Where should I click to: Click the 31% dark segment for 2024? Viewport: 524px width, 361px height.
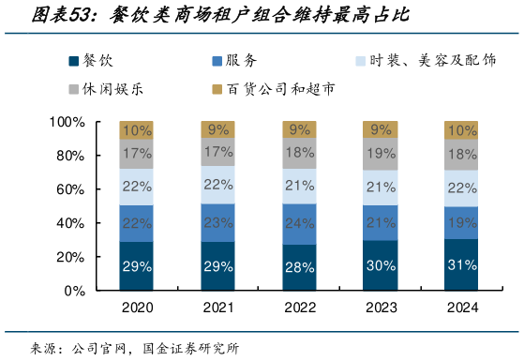pos(462,264)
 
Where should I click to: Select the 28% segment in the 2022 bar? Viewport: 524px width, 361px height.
pos(300,267)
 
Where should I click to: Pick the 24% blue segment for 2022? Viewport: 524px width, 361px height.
pos(300,224)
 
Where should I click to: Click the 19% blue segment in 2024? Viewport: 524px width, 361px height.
pos(462,223)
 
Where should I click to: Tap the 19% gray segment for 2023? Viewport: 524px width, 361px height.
pos(382,153)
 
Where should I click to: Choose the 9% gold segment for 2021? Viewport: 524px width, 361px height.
pos(218,130)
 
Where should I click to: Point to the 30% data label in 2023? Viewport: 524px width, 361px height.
pos(382,265)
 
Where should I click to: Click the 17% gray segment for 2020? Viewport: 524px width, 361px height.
pos(137,153)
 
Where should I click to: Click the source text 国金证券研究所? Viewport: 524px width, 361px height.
pos(191,348)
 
